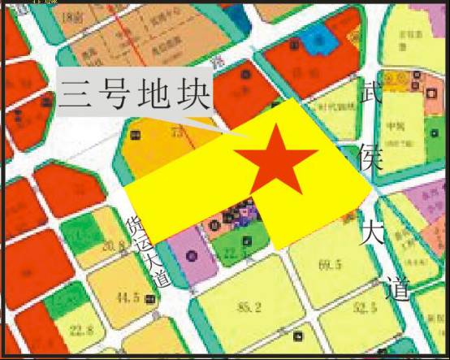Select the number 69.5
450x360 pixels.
coord(329,267)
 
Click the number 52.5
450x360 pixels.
coord(365,307)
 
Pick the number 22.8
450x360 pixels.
coord(81,329)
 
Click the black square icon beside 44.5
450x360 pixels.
coord(151,300)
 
